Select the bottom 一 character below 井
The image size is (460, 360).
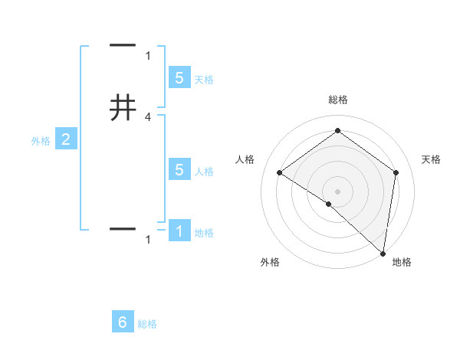click(123, 228)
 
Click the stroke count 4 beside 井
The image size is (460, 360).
click(148, 117)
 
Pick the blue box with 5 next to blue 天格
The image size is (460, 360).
click(179, 77)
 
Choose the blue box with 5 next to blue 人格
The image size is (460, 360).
click(179, 170)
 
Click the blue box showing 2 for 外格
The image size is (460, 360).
click(66, 139)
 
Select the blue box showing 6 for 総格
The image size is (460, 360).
click(123, 322)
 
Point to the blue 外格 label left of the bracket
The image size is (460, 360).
click(40, 141)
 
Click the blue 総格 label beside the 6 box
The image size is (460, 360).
click(147, 324)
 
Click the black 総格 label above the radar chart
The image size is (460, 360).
click(337, 100)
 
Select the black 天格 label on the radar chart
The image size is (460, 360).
click(432, 159)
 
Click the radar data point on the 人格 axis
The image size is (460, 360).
click(279, 172)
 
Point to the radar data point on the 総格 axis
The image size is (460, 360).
click(337, 130)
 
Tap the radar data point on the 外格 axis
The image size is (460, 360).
click(328, 204)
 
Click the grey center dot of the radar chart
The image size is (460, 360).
click(337, 191)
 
